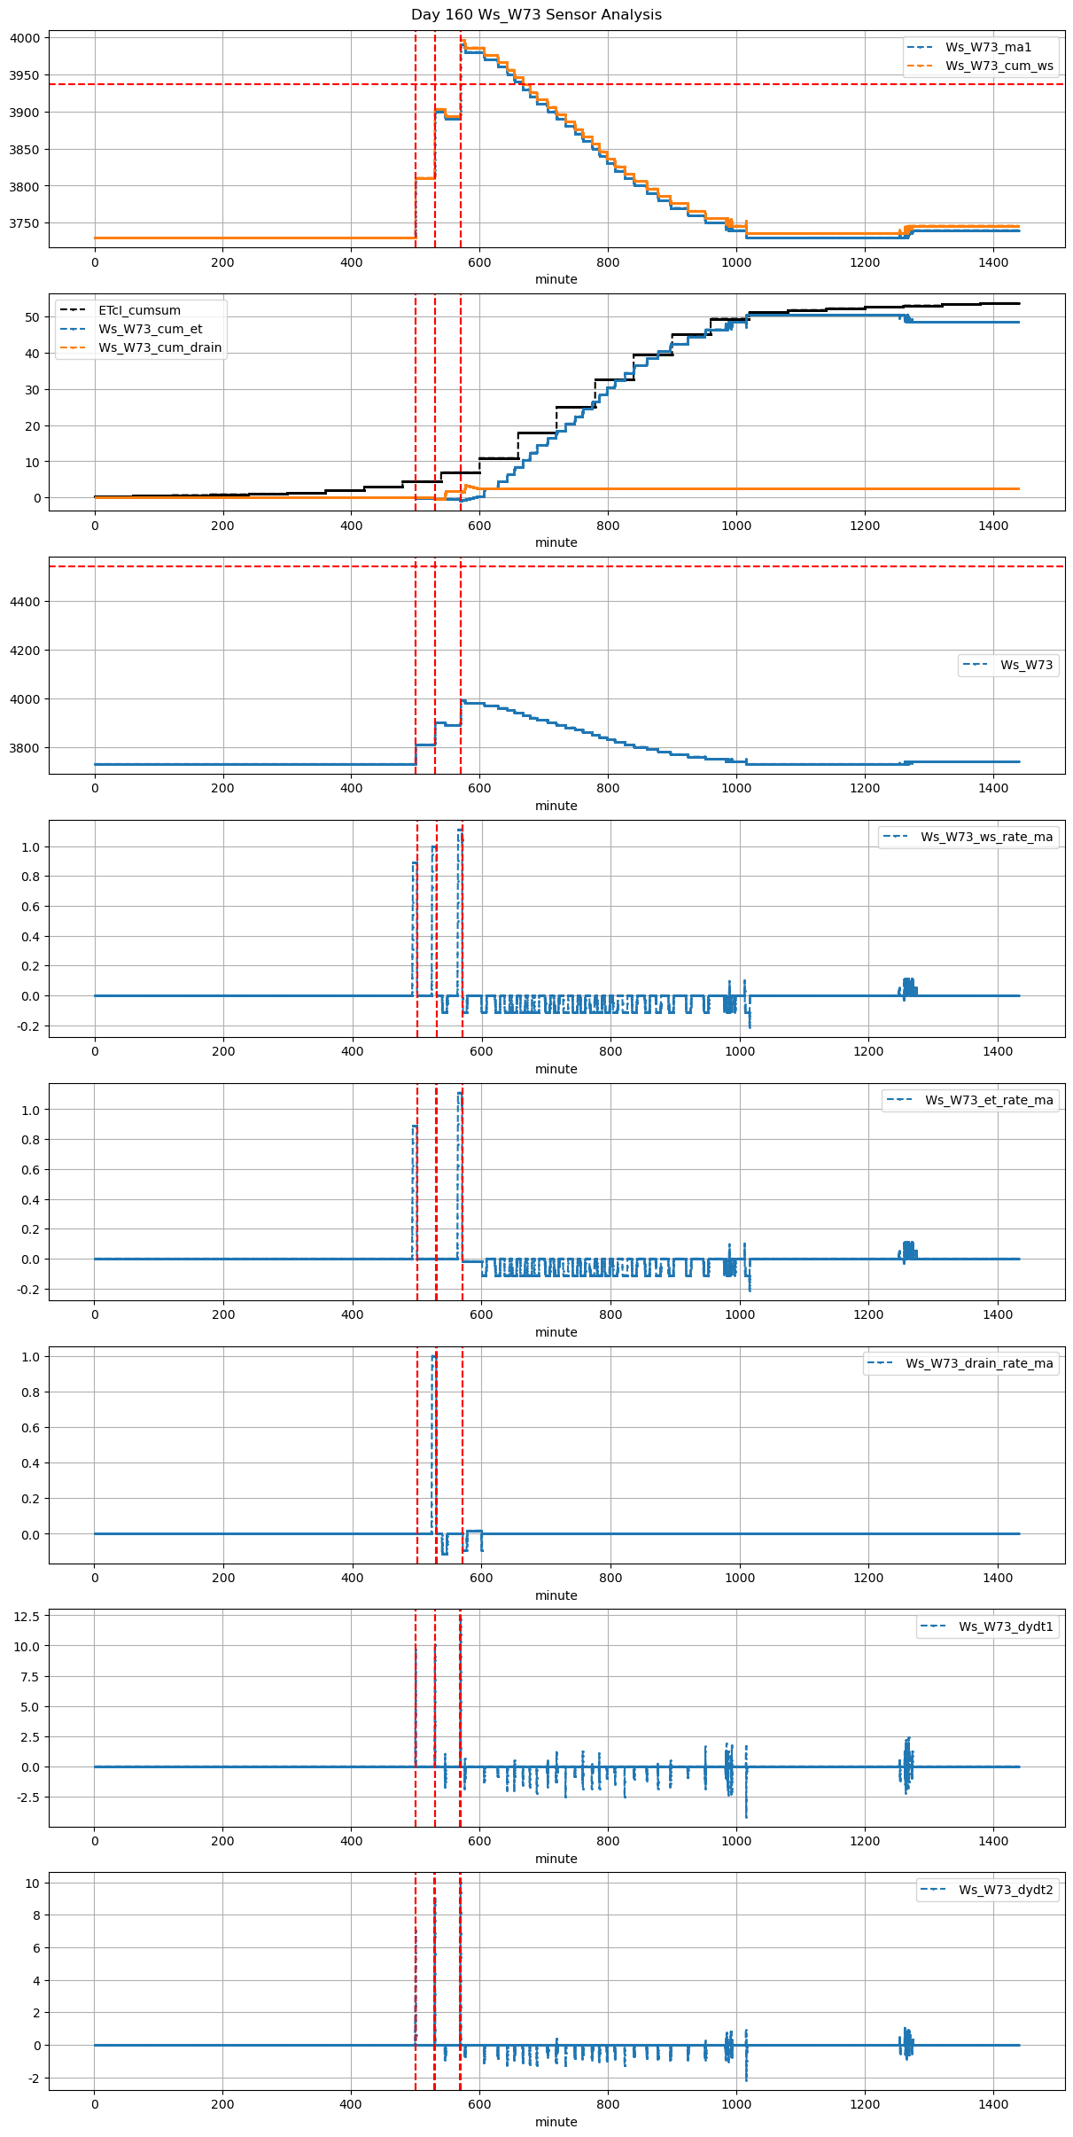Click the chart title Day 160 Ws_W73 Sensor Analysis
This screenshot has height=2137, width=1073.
pyautogui.click(x=536, y=15)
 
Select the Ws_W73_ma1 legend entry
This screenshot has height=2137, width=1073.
pyautogui.click(x=988, y=47)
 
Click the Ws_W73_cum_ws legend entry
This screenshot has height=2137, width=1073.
pyautogui.click(x=999, y=66)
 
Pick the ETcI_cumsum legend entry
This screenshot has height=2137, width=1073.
pyautogui.click(x=139, y=310)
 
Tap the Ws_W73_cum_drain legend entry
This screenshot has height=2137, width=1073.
pyautogui.click(x=159, y=347)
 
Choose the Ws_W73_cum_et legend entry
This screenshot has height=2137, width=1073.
pyautogui.click(x=150, y=329)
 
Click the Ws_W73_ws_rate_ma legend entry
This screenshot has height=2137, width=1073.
pyautogui.click(x=986, y=837)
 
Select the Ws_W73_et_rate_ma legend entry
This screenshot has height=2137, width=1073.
pyautogui.click(x=989, y=1100)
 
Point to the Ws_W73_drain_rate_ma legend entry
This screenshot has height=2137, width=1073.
pyautogui.click(x=979, y=1363)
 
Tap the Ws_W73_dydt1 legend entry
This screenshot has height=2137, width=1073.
pyautogui.click(x=1006, y=1626)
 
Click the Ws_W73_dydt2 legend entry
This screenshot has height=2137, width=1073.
pyautogui.click(x=1006, y=1890)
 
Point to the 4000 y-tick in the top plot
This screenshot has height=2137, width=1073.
pyautogui.click(x=25, y=38)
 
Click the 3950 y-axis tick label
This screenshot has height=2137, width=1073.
pyautogui.click(x=25, y=75)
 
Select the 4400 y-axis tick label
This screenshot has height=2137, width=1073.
pyautogui.click(x=25, y=602)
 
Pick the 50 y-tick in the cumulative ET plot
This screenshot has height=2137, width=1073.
pyautogui.click(x=32, y=317)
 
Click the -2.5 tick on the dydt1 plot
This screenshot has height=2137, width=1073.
pyautogui.click(x=27, y=1798)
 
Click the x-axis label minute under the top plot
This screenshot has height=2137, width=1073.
pyautogui.click(x=556, y=279)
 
